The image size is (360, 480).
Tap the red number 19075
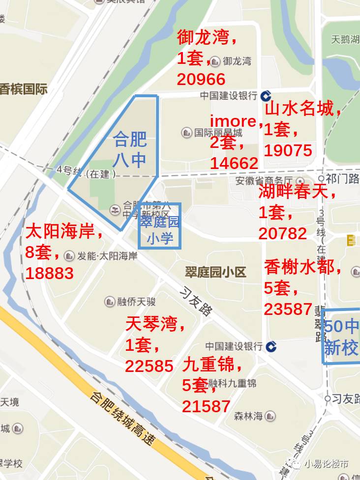[288, 150]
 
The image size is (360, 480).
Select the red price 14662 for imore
[234, 163]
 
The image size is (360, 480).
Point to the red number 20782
[283, 233]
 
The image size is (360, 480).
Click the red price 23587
[288, 309]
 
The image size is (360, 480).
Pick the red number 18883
[49, 273]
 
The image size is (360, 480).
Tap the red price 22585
[149, 366]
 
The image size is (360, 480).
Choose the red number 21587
[206, 406]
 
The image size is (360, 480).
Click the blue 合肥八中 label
[130, 149]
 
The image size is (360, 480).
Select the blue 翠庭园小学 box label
[159, 230]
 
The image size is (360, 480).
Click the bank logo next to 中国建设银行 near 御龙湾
[266, 95]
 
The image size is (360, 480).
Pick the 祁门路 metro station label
[339, 178]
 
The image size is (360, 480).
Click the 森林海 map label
[248, 417]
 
